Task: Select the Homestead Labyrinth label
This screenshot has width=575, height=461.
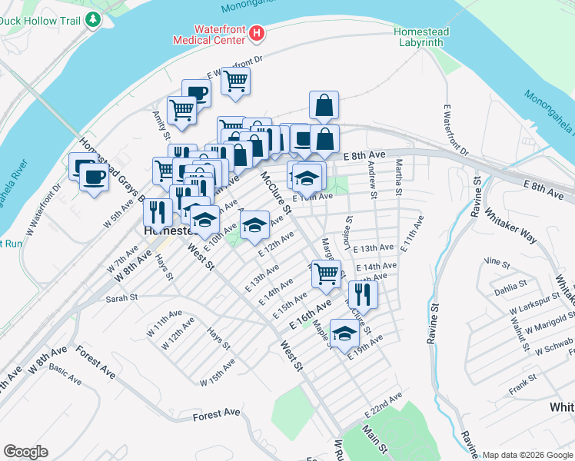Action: pyautogui.click(x=419, y=36)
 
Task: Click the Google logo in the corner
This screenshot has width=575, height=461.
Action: pyautogui.click(x=25, y=451)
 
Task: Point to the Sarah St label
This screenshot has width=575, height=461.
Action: pyautogui.click(x=121, y=297)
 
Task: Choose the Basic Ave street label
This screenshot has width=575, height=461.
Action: pyautogui.click(x=65, y=374)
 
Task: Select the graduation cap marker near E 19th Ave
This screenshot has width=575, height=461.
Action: pyautogui.click(x=345, y=332)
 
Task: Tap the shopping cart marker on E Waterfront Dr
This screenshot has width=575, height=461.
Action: pyautogui.click(x=235, y=80)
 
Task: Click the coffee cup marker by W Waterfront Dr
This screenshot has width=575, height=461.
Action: pyautogui.click(x=94, y=177)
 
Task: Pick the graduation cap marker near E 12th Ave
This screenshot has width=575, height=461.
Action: pyautogui.click(x=254, y=225)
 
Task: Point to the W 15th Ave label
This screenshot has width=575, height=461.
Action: pyautogui.click(x=218, y=376)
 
